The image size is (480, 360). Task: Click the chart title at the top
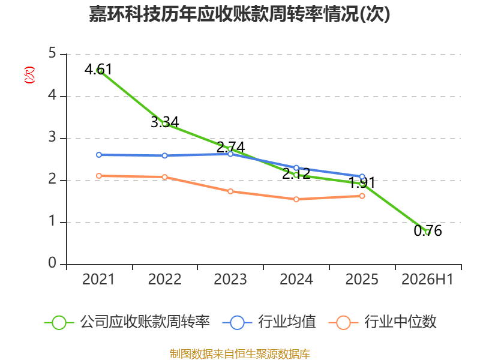(239, 14)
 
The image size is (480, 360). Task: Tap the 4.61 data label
(98, 69)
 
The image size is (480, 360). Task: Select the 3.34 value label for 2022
(164, 122)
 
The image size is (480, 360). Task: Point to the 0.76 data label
(428, 230)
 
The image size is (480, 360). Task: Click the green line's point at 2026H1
(428, 232)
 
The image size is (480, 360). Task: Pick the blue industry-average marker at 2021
(99, 155)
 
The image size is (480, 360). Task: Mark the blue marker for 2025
(362, 176)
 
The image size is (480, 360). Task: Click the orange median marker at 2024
(296, 199)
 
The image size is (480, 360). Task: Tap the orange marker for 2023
(230, 191)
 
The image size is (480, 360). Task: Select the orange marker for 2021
(99, 176)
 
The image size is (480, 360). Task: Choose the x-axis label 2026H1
(427, 279)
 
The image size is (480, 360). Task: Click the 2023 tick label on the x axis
(230, 279)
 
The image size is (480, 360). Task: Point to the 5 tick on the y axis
(52, 53)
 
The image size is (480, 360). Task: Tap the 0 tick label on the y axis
(52, 263)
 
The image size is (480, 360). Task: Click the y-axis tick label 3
(52, 137)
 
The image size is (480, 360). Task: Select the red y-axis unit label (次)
(29, 75)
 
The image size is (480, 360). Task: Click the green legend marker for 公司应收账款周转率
(59, 323)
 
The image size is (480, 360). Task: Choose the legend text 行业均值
(287, 322)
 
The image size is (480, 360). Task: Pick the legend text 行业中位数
(400, 322)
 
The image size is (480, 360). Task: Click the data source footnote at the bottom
(239, 353)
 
